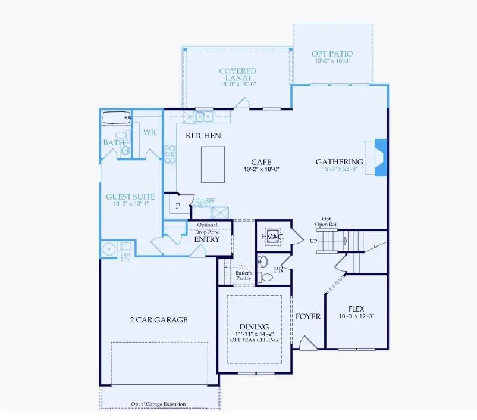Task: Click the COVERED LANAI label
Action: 237,75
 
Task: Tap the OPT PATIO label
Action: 331,54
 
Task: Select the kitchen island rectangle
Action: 212,164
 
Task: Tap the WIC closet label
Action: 150,132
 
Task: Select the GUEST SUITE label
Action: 130,197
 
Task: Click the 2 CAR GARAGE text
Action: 158,320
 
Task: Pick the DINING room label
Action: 254,327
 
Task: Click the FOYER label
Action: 308,316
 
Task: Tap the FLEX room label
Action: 356,309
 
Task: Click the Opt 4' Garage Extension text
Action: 158,404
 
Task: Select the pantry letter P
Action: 177,206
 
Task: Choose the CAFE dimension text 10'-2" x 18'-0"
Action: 262,169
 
